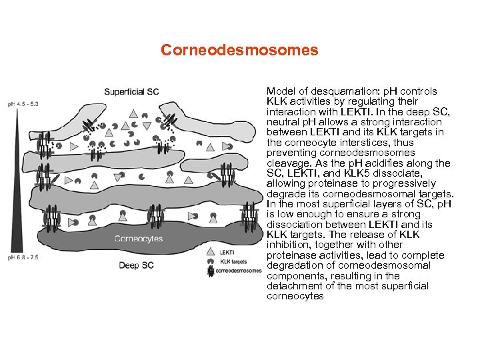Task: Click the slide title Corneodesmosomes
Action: [239, 50]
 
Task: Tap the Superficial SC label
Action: [131, 91]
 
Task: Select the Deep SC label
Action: [137, 265]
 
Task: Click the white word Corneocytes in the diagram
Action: [139, 239]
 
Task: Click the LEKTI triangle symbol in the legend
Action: [211, 253]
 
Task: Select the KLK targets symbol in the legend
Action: [211, 261]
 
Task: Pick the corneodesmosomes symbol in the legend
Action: [211, 271]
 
